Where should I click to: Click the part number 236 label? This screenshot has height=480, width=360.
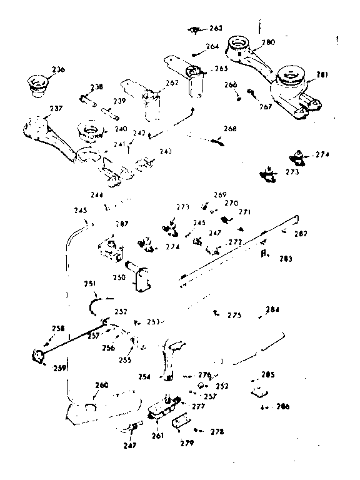point(58,69)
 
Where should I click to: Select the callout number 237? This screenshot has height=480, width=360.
point(56,109)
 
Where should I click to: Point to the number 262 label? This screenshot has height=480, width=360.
point(171,82)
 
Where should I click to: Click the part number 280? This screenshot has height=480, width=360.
point(267,42)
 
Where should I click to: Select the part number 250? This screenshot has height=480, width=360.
point(119,277)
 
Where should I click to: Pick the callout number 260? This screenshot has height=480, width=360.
point(101,385)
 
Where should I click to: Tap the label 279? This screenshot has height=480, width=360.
point(187,443)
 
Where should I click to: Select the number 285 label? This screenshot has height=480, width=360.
point(267,375)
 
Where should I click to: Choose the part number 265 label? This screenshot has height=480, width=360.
point(221,68)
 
